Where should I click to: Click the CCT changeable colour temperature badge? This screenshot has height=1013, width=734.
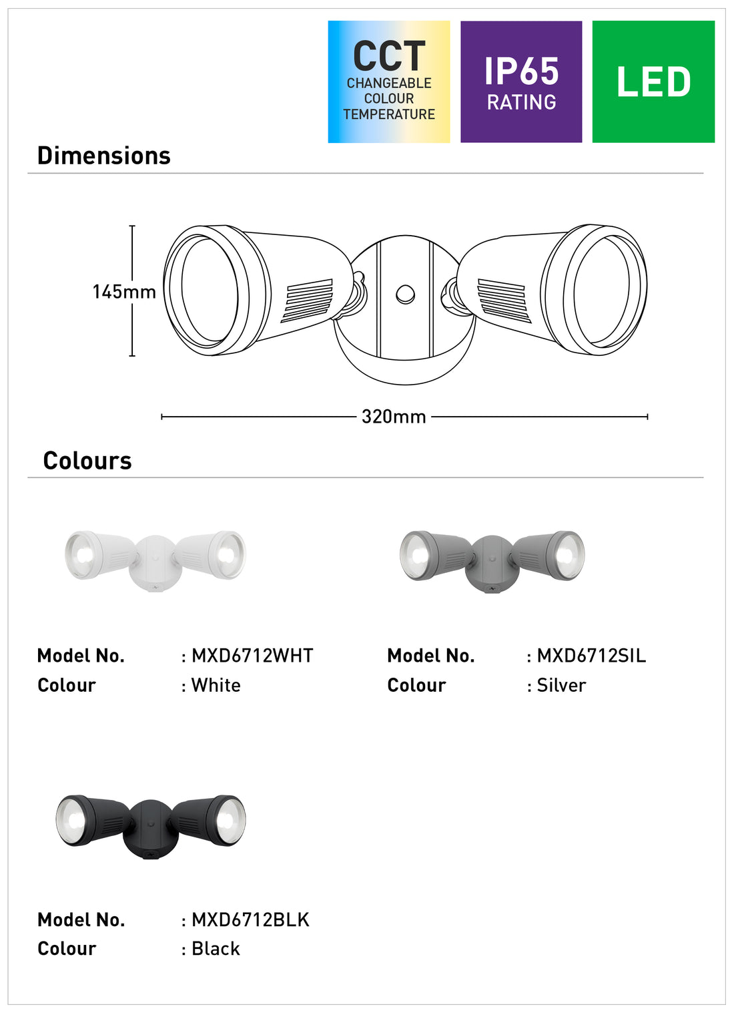[x=389, y=82]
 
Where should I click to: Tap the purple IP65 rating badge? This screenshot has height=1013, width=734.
[x=521, y=82]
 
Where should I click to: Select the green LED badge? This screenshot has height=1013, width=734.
[x=653, y=82]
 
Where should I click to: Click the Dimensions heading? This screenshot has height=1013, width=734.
[x=104, y=156]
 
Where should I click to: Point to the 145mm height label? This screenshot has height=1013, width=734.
[x=124, y=292]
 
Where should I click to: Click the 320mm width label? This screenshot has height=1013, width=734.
[x=394, y=417]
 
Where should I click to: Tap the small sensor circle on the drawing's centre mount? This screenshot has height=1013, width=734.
[x=406, y=294]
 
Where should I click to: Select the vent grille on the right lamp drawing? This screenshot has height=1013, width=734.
[x=504, y=300]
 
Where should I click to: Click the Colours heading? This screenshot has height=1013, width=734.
[x=87, y=461]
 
